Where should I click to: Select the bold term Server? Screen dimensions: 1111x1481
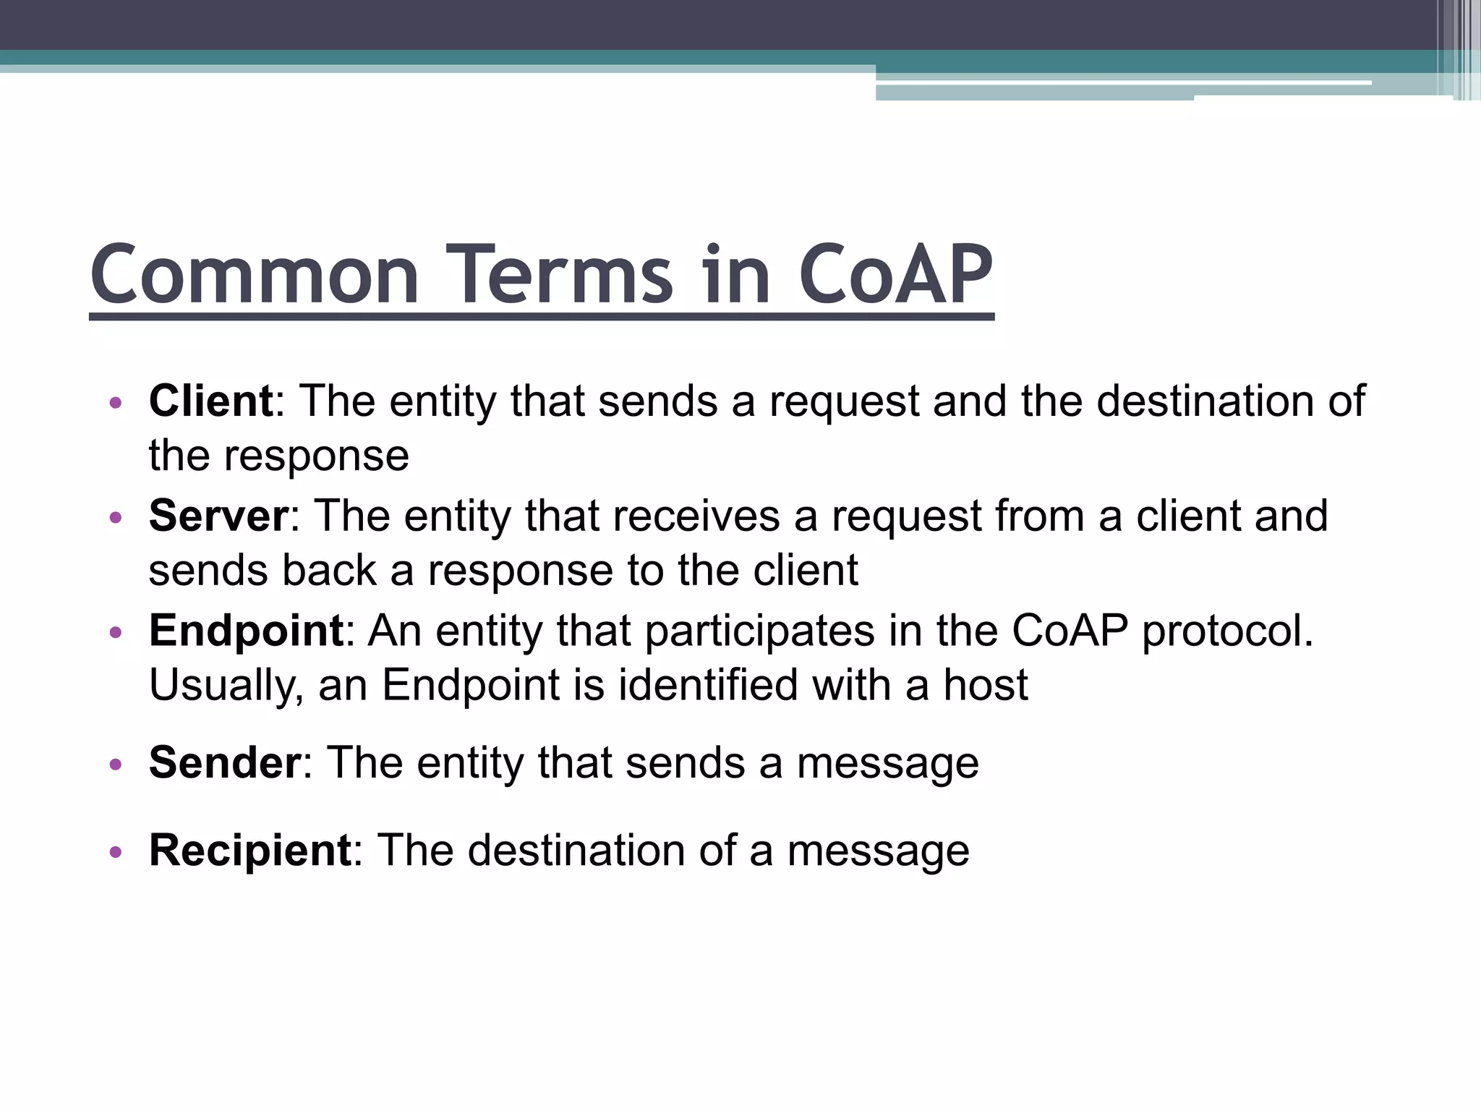click(x=218, y=516)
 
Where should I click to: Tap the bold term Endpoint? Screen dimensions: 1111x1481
click(x=246, y=631)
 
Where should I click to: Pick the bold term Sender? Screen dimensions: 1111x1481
click(x=224, y=762)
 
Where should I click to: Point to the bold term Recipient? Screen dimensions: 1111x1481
click(x=250, y=850)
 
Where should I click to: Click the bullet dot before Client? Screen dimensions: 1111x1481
click(x=115, y=403)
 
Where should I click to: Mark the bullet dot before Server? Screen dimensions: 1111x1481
click(x=115, y=518)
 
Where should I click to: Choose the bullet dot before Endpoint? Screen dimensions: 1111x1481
click(x=115, y=633)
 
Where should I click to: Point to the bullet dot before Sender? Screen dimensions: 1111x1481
click(x=115, y=765)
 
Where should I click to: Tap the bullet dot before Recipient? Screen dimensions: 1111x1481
click(x=115, y=852)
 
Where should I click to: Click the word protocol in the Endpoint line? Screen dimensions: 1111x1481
click(x=1227, y=631)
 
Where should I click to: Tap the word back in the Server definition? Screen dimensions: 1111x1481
click(x=329, y=571)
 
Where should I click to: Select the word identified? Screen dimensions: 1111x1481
click(x=708, y=685)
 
